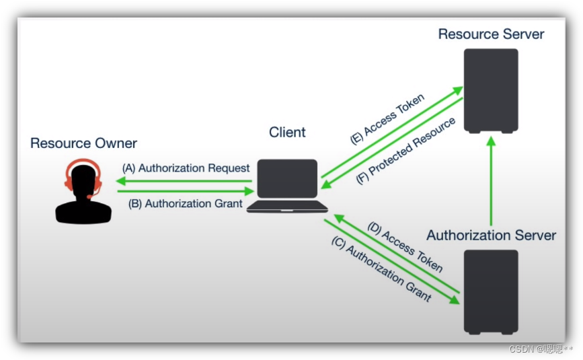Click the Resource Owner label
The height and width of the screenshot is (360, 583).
click(83, 143)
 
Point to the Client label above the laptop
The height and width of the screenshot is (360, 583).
click(287, 132)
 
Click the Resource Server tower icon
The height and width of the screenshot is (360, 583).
click(491, 91)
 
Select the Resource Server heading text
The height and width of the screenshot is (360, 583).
click(491, 34)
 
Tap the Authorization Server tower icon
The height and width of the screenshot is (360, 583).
click(491, 291)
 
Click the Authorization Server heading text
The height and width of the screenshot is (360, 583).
click(491, 236)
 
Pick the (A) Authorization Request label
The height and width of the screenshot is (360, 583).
click(186, 168)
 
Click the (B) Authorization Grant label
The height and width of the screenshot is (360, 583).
click(185, 203)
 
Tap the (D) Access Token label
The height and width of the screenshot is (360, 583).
click(405, 247)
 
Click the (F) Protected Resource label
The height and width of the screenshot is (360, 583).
click(405, 151)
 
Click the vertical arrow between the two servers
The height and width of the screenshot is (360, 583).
click(491, 182)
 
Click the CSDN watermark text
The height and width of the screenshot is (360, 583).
click(541, 349)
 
